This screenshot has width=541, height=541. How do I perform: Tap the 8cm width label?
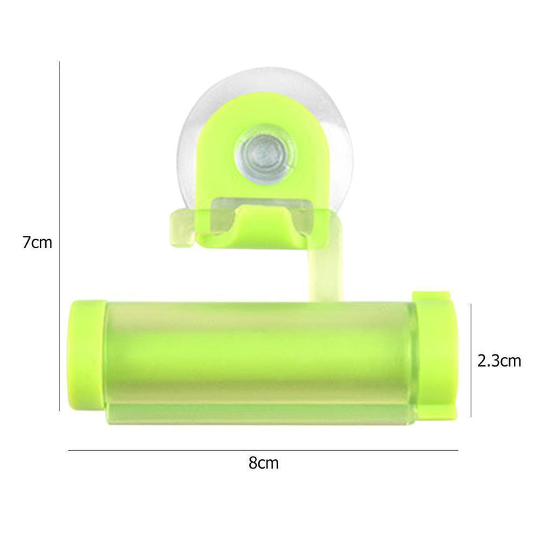(x=264, y=463)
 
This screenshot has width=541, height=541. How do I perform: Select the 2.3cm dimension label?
(x=499, y=360)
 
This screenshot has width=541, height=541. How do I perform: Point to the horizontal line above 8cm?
(x=264, y=450)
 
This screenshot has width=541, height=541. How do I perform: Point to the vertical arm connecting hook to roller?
(x=327, y=270)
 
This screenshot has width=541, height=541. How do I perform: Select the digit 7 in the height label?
(x=26, y=241)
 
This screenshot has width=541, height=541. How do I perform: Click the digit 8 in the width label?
(x=253, y=463)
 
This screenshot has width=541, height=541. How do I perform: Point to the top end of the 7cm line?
(x=60, y=62)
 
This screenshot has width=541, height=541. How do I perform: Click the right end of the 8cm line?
(x=457, y=450)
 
